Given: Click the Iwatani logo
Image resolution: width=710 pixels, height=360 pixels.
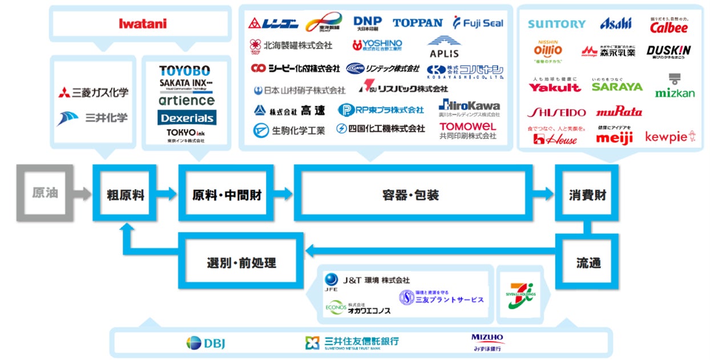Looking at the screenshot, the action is pos(143,23).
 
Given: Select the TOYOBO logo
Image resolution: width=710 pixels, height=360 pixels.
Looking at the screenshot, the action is pos(184,71).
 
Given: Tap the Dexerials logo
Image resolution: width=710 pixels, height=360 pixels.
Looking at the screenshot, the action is pos(187,118).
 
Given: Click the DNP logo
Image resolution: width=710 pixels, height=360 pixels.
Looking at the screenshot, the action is pos(368,23).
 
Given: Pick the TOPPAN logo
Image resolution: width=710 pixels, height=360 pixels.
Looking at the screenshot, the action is pos(417,23).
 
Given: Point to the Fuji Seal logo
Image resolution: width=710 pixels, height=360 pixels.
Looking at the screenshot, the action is pos(478,23).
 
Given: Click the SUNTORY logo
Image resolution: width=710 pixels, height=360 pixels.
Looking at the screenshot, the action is pos(556,24).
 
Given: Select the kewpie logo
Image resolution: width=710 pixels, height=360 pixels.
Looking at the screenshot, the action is pos(670,137).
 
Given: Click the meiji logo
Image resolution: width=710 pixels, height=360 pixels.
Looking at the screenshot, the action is pos(614,137).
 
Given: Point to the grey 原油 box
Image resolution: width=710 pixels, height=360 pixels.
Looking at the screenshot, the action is pos(45,193).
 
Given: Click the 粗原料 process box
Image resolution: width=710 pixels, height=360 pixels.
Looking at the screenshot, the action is pos(126,194).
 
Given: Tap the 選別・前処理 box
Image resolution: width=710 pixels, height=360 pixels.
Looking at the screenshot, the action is pos(241,263).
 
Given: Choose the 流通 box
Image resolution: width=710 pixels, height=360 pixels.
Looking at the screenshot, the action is pos(587,263).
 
